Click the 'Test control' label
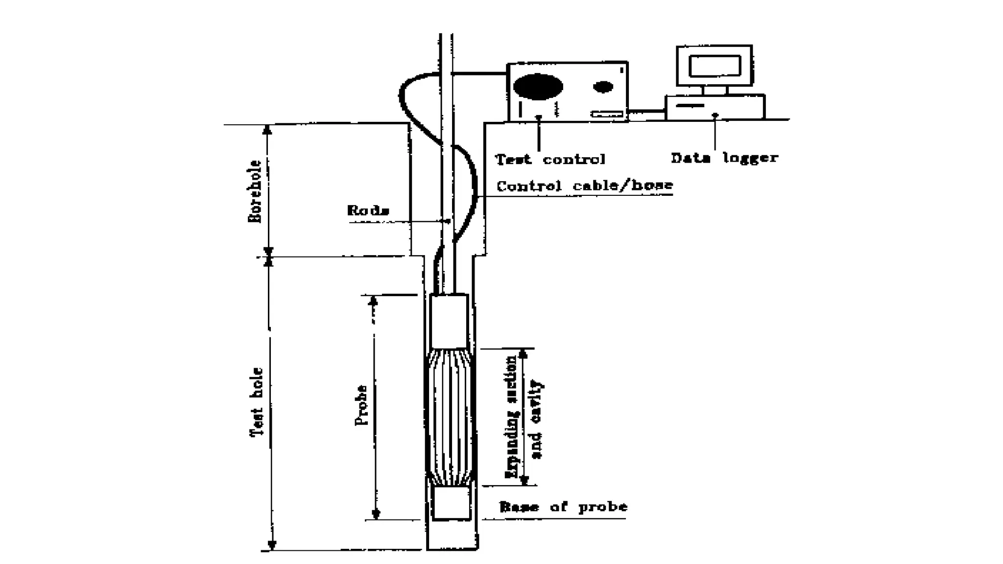tap(550, 159)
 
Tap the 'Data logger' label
tap(724, 158)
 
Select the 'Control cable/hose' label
tap(585, 186)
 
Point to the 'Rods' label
tap(368, 211)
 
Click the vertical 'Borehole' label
tap(255, 191)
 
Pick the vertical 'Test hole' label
tap(257, 401)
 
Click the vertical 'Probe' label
tap(361, 405)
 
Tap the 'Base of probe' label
tap(563, 507)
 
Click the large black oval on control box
tap(538, 87)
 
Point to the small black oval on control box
tap(603, 87)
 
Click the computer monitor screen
tap(715, 66)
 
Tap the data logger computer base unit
tap(715, 107)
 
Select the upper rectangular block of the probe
tap(449, 321)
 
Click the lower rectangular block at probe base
tap(451, 503)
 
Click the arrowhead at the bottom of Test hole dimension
tap(272, 545)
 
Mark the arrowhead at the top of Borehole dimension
tap(267, 130)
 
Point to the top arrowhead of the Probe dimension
tap(373, 301)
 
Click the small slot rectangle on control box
tap(607, 114)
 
